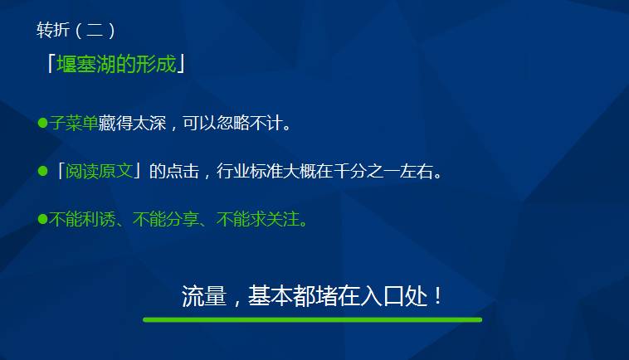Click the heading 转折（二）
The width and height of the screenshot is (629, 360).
(x=76, y=30)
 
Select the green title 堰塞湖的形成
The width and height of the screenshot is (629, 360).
(x=116, y=64)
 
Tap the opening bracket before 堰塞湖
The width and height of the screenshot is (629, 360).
(x=51, y=63)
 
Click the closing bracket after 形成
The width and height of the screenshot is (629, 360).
(x=181, y=64)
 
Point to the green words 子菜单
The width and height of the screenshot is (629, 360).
(x=73, y=123)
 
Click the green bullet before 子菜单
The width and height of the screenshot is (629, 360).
(x=42, y=122)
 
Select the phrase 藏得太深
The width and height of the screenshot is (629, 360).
(x=132, y=123)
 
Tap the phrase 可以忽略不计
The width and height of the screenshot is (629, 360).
(x=232, y=123)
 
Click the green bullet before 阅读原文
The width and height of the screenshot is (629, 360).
(x=42, y=171)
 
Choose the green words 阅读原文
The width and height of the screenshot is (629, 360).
(x=99, y=171)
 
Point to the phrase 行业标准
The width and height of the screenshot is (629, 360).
(x=250, y=171)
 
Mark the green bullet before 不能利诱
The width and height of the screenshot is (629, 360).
(x=42, y=219)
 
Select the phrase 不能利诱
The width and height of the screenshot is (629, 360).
(x=82, y=219)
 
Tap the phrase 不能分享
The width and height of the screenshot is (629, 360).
(x=166, y=219)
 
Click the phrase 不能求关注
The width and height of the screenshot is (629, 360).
(x=258, y=219)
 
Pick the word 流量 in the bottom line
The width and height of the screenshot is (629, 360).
(x=204, y=296)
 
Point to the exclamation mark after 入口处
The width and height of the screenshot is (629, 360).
(x=437, y=296)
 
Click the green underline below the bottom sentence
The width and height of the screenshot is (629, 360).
(x=313, y=320)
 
